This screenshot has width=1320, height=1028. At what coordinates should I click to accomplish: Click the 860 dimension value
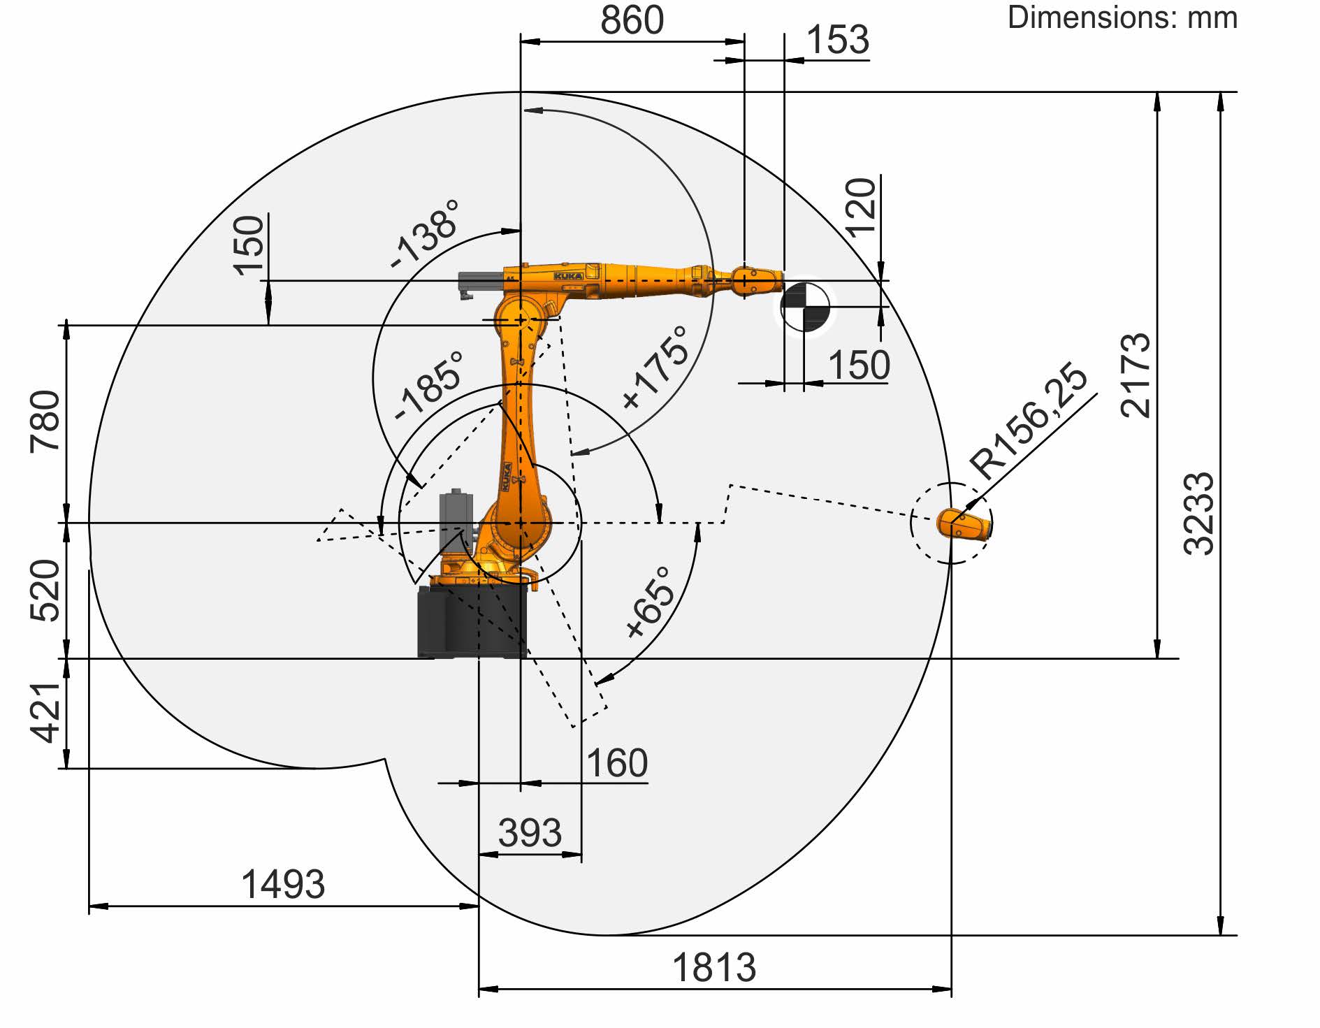pos(632,20)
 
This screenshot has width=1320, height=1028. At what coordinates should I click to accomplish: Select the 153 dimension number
pos(837,40)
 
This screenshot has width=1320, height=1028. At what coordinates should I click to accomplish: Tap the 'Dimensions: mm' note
pos(1122,17)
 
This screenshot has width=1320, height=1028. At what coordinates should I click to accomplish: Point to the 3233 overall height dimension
pos(1199,513)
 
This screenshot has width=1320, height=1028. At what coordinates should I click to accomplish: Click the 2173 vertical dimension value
pos(1135,375)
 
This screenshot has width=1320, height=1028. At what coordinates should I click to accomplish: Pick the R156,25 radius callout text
pos(1029,421)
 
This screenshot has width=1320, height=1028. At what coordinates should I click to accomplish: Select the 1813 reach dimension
pos(713,968)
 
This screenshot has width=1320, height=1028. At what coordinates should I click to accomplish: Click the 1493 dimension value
pos(283,885)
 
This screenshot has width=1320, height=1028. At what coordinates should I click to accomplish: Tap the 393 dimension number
pos(530,833)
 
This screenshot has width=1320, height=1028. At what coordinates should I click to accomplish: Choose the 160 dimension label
pos(617,763)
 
